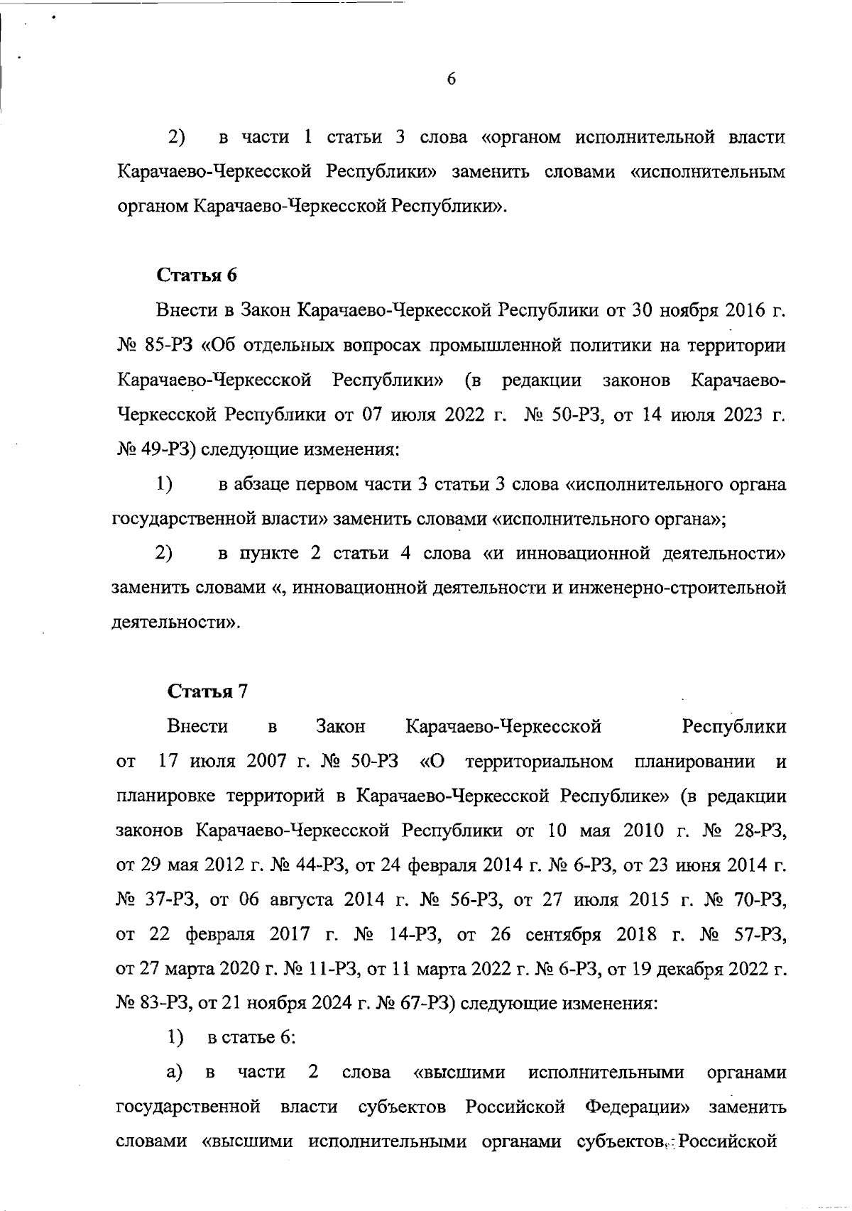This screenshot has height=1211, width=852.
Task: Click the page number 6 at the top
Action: click(x=451, y=80)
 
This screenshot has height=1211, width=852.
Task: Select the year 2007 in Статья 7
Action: click(x=267, y=762)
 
